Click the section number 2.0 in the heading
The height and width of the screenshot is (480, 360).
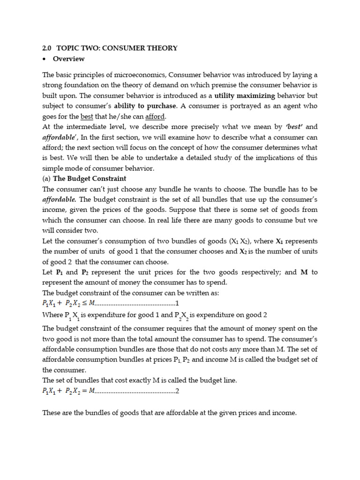[47, 48]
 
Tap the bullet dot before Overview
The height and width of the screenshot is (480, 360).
[44, 59]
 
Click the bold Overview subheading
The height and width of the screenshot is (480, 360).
[68, 59]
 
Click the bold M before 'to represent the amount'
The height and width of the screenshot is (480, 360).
[303, 272]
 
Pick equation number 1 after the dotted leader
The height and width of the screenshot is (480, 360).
[177, 303]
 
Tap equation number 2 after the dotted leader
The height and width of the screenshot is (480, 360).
[177, 391]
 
